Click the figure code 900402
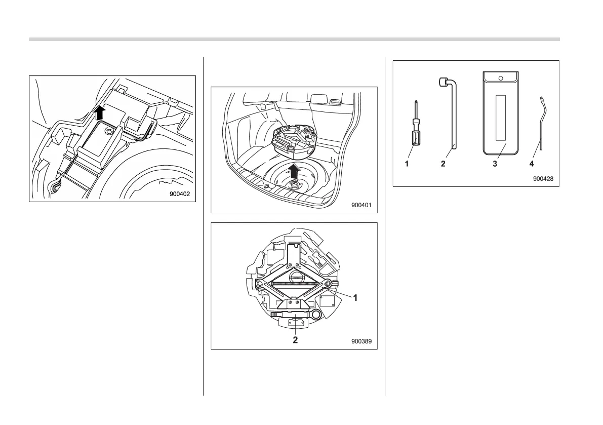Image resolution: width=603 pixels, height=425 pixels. (182, 195)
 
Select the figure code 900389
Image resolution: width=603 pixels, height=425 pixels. (361, 341)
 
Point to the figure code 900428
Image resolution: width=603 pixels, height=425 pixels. (543, 179)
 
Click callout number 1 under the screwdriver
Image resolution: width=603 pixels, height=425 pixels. (406, 164)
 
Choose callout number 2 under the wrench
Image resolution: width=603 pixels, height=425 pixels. (443, 164)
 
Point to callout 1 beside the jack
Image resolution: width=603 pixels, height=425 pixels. (356, 298)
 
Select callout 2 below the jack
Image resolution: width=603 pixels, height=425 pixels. (295, 340)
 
